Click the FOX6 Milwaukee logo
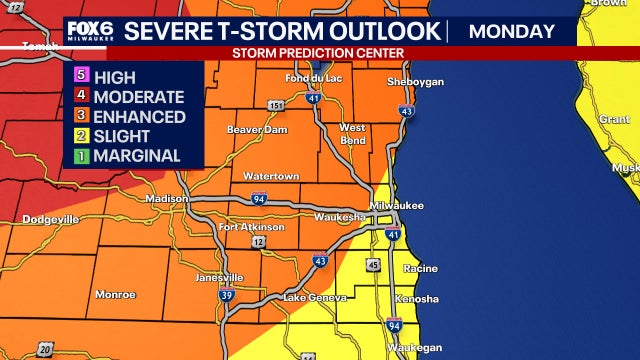pos(86,32)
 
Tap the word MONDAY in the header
pos(512,31)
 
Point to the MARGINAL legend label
pos(136,156)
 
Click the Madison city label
pos(166,199)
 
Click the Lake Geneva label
pos(313,298)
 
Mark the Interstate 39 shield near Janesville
pos(227,297)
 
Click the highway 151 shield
pos(273,104)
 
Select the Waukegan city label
pos(415,347)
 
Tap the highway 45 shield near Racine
pos(373,265)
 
